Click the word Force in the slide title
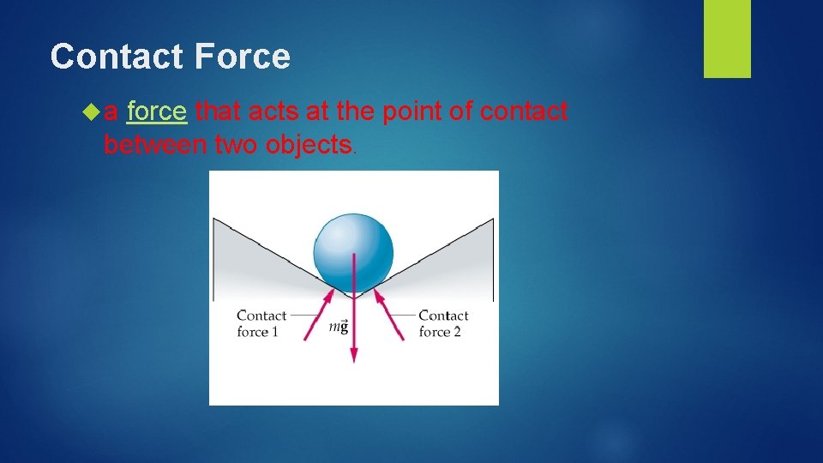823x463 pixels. pyautogui.click(x=243, y=57)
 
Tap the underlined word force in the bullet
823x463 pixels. pyautogui.click(x=156, y=111)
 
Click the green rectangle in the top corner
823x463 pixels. pyautogui.click(x=727, y=39)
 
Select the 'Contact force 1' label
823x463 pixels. pyautogui.click(x=261, y=324)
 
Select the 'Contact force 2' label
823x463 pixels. pyautogui.click(x=443, y=324)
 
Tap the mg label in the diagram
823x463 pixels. pyautogui.click(x=339, y=327)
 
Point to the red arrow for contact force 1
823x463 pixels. pyautogui.click(x=321, y=314)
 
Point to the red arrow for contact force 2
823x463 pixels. pyautogui.click(x=388, y=314)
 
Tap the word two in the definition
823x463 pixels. pyautogui.click(x=237, y=145)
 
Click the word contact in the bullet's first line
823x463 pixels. pyautogui.click(x=524, y=111)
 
